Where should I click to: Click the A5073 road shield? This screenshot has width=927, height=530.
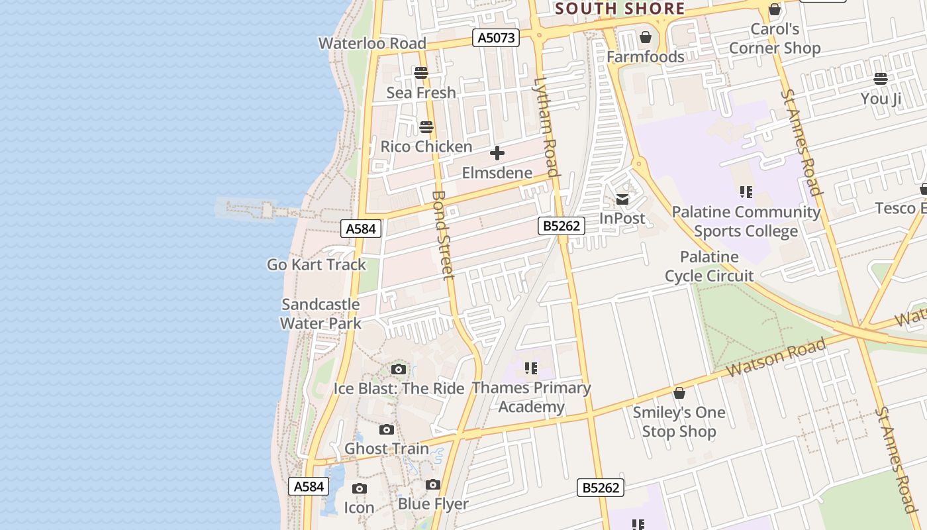pos(496,38)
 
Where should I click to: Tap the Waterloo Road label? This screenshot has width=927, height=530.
pos(372,44)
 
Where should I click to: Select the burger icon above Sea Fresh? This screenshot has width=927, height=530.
pos(421,73)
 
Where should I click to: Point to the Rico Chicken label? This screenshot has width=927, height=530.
pos(426,146)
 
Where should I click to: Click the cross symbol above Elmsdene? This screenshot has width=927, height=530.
pos(497,154)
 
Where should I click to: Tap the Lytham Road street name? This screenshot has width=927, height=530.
pos(546,128)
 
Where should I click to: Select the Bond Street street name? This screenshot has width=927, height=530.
pos(442,235)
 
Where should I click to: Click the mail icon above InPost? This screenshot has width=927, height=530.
pos(622,199)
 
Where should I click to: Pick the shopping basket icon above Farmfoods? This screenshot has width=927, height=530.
pos(646,37)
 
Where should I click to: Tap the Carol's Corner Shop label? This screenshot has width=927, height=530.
pos(775,38)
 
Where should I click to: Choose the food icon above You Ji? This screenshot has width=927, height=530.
pos(881,79)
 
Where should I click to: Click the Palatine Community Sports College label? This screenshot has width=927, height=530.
pos(746,221)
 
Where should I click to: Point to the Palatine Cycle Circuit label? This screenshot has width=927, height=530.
pos(709,266)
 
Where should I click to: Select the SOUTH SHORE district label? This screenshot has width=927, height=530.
pos(620,9)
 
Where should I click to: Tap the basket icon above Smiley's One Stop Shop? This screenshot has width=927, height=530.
pos(679,394)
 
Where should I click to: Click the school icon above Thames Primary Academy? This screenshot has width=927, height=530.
pos(530,368)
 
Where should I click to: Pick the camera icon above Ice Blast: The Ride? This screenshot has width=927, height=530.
pos(399,370)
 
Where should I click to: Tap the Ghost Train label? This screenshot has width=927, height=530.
pos(387,449)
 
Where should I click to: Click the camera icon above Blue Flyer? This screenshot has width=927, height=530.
pos(433,485)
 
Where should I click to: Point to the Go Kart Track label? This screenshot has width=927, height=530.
pos(317,264)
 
